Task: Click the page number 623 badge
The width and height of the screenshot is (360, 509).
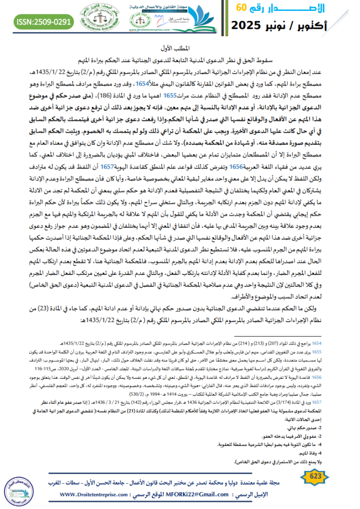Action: (x=315, y=477)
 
